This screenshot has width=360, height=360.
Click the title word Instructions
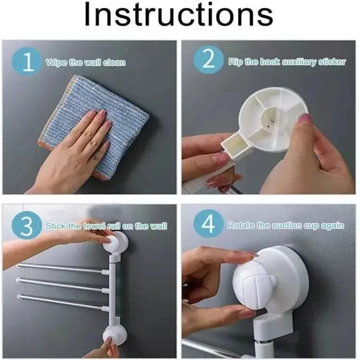179,14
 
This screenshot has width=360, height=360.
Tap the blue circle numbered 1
27,62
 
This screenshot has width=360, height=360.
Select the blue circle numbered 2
208,60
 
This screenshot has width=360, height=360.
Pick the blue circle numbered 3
27,225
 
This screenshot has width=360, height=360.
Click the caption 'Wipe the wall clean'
85,62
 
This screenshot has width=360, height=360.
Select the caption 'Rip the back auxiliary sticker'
287,62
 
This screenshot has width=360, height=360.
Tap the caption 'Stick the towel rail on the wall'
106,226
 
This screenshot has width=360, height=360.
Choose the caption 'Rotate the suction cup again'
286,226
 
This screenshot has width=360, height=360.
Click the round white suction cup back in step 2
273,119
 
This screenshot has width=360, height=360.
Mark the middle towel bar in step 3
62,285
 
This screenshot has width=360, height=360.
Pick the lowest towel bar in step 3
63,302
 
